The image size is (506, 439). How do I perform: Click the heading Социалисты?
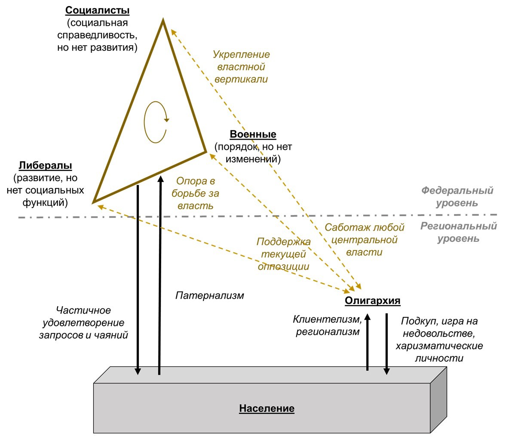pyautogui.click(x=97, y=11)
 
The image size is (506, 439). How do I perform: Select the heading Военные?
pyautogui.click(x=253, y=134)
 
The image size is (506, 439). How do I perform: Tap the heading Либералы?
pyautogui.click(x=45, y=166)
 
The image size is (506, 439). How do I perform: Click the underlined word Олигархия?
pyautogui.click(x=372, y=301)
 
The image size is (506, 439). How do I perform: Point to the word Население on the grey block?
pyautogui.click(x=267, y=409)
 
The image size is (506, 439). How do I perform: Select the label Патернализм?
pyautogui.click(x=209, y=296)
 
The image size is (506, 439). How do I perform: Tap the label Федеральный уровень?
pyautogui.click(x=457, y=196)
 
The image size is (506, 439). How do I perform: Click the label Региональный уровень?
pyautogui.click(x=458, y=232)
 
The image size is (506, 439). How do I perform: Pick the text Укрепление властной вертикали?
pyautogui.click(x=241, y=67)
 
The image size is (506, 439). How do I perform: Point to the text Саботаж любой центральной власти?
pyautogui.click(x=364, y=240)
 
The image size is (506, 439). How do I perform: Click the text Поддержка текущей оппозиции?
pyautogui.click(x=283, y=254)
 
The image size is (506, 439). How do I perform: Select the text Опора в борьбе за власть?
pyautogui.click(x=195, y=193)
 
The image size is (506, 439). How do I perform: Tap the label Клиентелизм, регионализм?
pyautogui.click(x=328, y=325)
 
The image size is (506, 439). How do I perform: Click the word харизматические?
pyautogui.click(x=439, y=346)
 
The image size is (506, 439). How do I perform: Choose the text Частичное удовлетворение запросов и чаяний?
pyautogui.click(x=83, y=323)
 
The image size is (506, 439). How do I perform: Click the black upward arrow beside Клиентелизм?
pyautogui.click(x=367, y=342)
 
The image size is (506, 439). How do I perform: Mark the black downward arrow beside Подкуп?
pyautogui.click(x=386, y=344)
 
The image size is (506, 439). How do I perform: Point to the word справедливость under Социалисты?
pyautogui.click(x=97, y=35)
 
